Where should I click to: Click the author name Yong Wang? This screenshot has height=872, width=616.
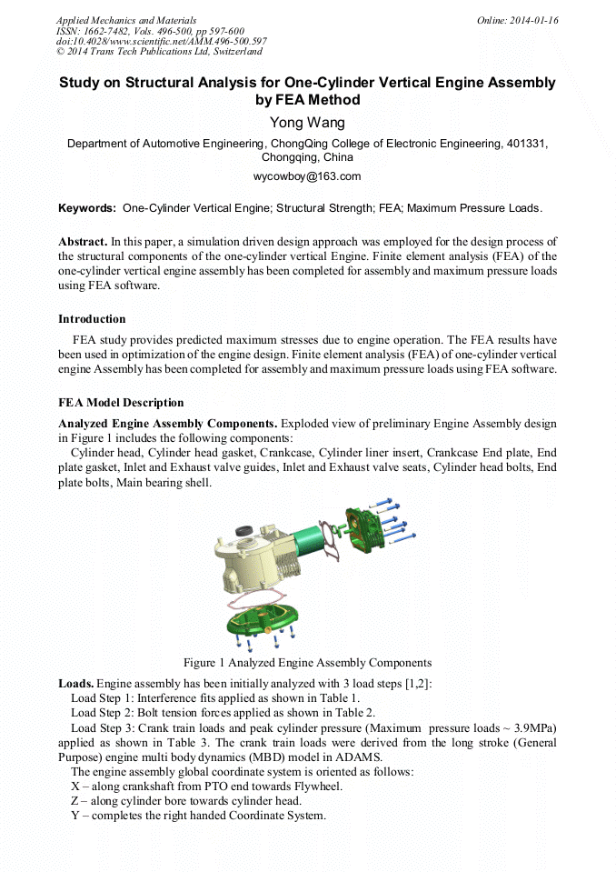pyautogui.click(x=307, y=123)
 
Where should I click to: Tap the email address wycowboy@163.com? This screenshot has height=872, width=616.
pyautogui.click(x=307, y=176)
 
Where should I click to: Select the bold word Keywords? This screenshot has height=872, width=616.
pyautogui.click(x=87, y=208)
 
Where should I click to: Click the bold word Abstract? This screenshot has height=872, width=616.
pyautogui.click(x=83, y=242)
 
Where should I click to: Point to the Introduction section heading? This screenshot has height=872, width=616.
pyautogui.click(x=92, y=319)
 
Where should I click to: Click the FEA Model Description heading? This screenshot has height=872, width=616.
pyautogui.click(x=121, y=403)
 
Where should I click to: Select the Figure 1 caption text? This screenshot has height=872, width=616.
pyautogui.click(x=307, y=662)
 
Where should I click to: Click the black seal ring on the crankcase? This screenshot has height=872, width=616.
pyautogui.click(x=244, y=530)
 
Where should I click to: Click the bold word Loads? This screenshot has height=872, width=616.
pyautogui.click(x=75, y=683)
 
